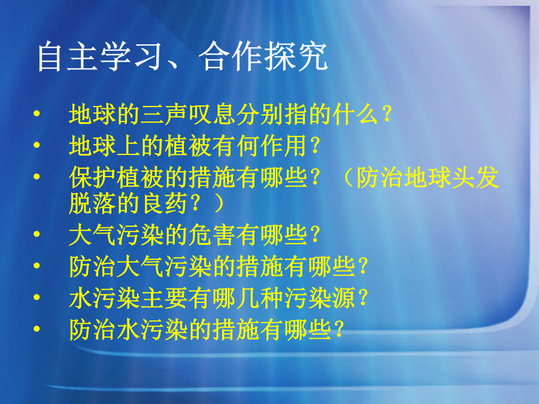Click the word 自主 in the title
(x=67, y=56)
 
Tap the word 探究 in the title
(x=296, y=56)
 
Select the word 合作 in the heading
(x=231, y=56)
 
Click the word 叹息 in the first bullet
(x=212, y=114)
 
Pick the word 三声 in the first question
(x=164, y=114)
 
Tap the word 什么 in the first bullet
(x=355, y=114)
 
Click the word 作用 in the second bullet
(x=284, y=145)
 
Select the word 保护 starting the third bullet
(x=92, y=177)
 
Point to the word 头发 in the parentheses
(x=476, y=177)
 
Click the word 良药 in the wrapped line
(x=164, y=203)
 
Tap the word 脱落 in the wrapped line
(x=92, y=203)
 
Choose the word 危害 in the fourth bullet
(x=212, y=235)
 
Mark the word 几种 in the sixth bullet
(x=260, y=298)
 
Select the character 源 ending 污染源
(x=343, y=298)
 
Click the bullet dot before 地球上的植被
(x=37, y=145)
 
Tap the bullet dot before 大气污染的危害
(x=37, y=234)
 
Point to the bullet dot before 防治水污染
(x=37, y=329)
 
